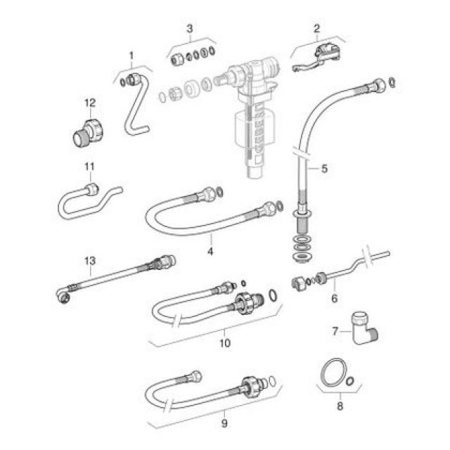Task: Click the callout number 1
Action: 131,54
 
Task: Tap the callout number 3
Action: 189,28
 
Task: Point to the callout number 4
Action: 210,250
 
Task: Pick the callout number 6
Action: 334,299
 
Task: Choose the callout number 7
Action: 335,330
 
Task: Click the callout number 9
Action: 224,423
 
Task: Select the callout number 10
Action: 224,343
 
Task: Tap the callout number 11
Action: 89,167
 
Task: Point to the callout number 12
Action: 89,103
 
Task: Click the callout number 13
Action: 89,261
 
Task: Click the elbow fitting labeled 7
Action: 366,328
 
